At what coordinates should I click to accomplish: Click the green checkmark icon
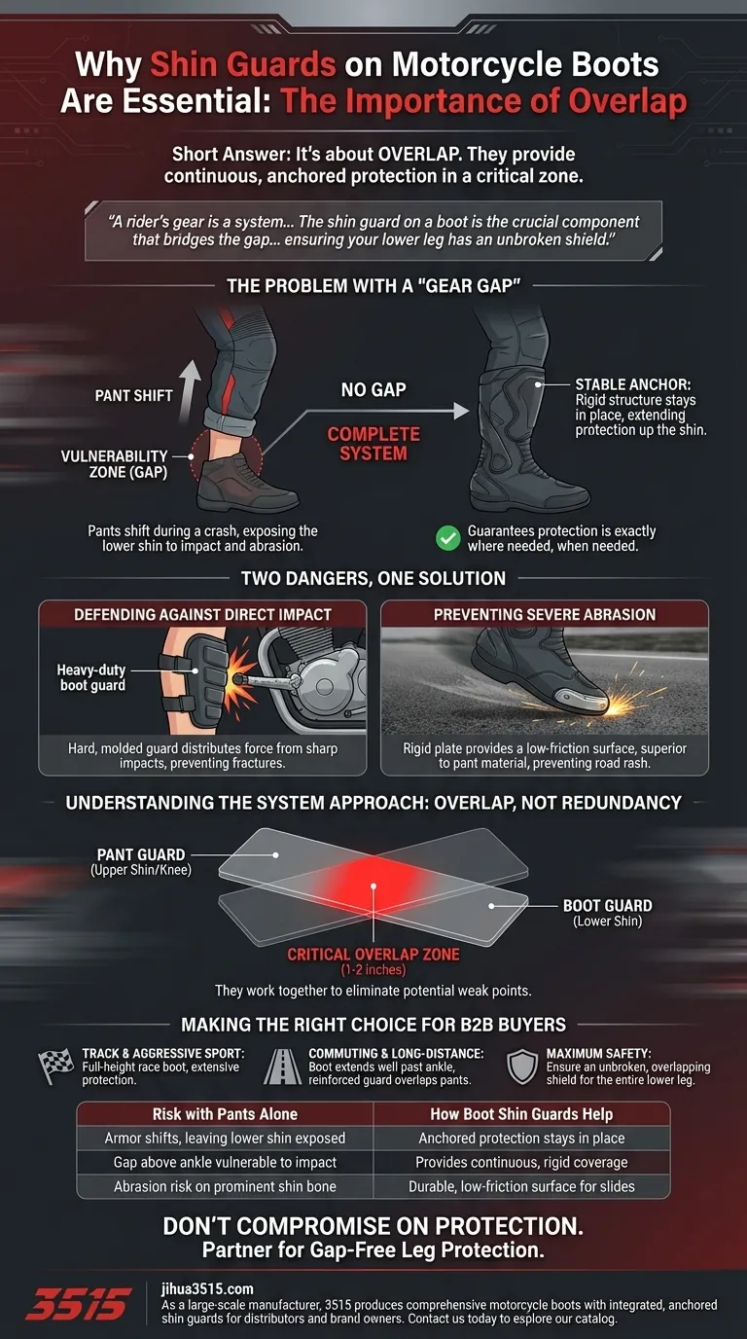[447, 537]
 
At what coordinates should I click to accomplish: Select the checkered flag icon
[55, 1066]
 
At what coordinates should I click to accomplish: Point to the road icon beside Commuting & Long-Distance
[285, 1067]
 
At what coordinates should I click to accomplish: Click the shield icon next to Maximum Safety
[522, 1067]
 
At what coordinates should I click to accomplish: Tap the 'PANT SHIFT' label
[134, 396]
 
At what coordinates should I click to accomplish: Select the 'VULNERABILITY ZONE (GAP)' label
[114, 463]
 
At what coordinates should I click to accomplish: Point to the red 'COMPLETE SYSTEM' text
[373, 444]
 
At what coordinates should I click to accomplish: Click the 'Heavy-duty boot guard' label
[92, 677]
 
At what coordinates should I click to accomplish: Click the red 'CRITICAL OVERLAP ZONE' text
[373, 955]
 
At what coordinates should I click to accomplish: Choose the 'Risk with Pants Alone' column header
[225, 1114]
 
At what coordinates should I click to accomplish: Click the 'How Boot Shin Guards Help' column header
[521, 1114]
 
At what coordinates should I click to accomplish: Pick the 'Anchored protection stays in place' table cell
[521, 1138]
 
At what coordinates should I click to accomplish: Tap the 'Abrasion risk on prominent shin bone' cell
[225, 1186]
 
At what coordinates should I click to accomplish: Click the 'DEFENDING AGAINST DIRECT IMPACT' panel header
[202, 614]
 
